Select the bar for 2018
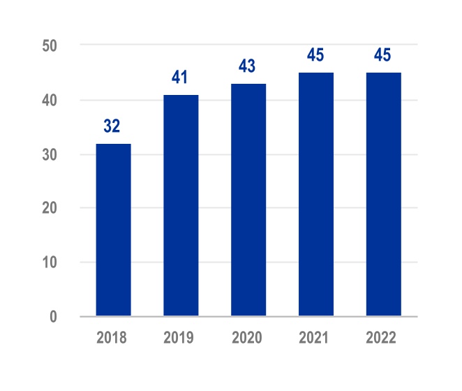click(113, 230)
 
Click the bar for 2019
click(181, 205)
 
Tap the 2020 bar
click(248, 200)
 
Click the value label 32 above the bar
click(112, 126)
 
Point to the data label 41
click(180, 78)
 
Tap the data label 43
click(248, 66)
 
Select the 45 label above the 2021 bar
click(315, 55)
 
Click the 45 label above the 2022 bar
click(383, 55)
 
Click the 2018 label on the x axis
click(112, 338)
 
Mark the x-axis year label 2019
click(179, 338)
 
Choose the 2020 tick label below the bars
click(247, 338)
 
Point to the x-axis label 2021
click(315, 338)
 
